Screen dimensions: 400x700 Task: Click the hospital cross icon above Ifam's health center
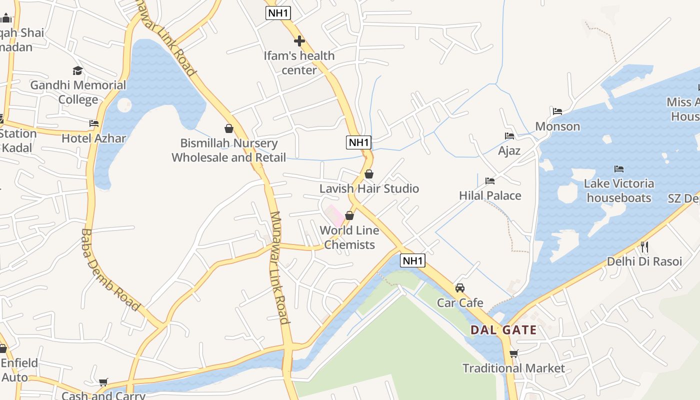click(x=299, y=41)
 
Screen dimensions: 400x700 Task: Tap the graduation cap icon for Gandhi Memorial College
click(x=77, y=70)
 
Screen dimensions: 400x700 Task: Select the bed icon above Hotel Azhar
click(x=94, y=123)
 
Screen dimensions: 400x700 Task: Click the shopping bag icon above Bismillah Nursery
click(x=229, y=128)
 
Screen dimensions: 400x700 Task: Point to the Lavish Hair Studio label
click(x=369, y=188)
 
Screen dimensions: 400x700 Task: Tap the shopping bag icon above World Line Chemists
click(x=349, y=215)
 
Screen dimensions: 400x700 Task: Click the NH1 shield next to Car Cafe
click(x=412, y=260)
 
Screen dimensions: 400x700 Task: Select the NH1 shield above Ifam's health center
click(x=278, y=13)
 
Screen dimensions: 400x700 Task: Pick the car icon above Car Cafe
click(x=460, y=288)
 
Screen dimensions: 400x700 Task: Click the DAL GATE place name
click(x=503, y=330)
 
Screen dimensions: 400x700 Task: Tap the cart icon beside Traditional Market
click(x=513, y=354)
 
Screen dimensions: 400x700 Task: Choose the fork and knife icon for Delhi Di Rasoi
click(x=644, y=246)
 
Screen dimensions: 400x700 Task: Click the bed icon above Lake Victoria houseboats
click(x=619, y=169)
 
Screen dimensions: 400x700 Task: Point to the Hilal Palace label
click(x=490, y=195)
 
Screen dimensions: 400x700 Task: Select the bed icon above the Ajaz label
click(x=509, y=136)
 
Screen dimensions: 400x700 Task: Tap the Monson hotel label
click(x=557, y=126)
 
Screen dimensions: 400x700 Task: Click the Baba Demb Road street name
click(x=110, y=269)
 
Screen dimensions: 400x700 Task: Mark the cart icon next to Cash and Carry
click(x=103, y=382)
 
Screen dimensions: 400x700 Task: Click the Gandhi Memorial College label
click(x=78, y=92)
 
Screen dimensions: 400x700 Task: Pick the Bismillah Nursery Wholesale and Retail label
click(x=229, y=150)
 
